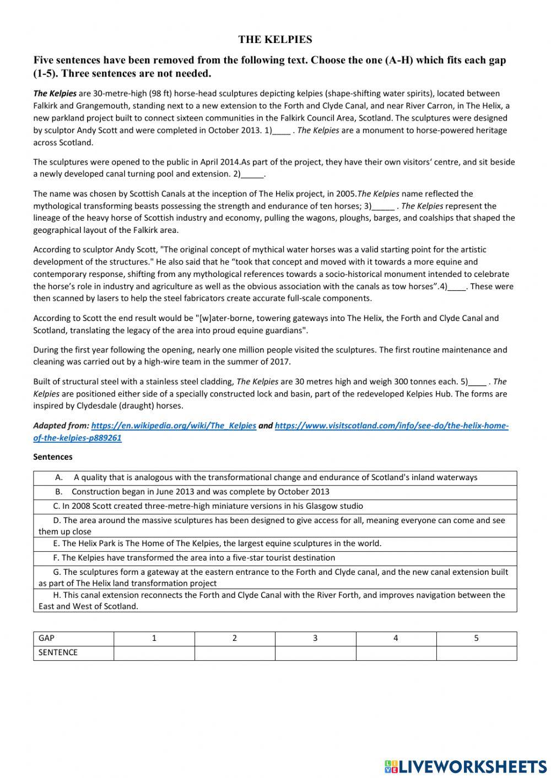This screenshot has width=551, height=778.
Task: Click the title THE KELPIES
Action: click(x=275, y=40)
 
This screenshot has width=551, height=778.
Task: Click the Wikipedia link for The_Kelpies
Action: click(x=174, y=426)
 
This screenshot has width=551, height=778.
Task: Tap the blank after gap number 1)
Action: click(x=282, y=131)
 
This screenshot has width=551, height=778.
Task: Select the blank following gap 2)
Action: click(x=253, y=175)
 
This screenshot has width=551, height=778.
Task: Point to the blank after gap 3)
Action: click(x=383, y=206)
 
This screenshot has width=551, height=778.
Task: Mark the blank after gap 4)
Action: click(x=457, y=287)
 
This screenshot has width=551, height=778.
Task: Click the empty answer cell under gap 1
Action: click(x=154, y=652)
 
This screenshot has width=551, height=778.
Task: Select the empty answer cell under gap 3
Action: click(x=315, y=652)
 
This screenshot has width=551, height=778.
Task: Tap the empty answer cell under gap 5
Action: click(x=477, y=652)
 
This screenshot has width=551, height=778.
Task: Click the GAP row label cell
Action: click(x=73, y=639)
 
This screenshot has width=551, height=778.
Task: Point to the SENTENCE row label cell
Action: click(x=73, y=652)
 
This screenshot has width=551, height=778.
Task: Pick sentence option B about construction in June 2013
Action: click(x=200, y=492)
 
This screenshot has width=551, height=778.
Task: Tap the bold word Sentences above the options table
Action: click(x=53, y=457)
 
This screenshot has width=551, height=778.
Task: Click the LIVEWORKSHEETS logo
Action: click(x=466, y=766)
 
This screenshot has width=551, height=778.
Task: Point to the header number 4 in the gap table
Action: click(x=396, y=639)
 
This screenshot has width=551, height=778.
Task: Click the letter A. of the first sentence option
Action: click(x=59, y=477)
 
